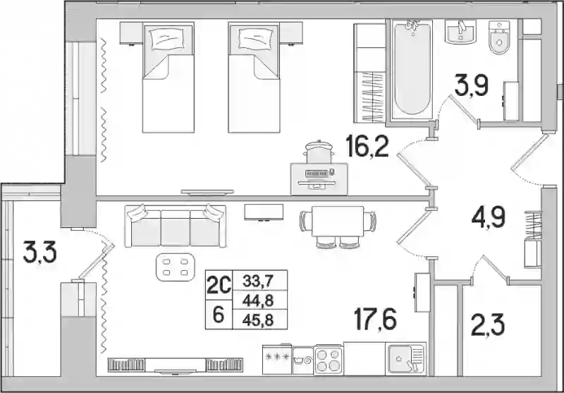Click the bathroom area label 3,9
471,85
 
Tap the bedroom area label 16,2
367,146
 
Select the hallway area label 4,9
489,218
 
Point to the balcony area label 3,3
39,252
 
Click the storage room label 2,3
488,325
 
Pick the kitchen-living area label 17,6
375,319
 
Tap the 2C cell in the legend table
219,286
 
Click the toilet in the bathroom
499,37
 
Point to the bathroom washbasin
460,32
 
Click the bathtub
412,68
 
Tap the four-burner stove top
329,360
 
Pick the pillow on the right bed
254,39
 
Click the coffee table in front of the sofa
175,267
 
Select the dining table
338,221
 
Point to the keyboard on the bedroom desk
317,174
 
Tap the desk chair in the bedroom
319,152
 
